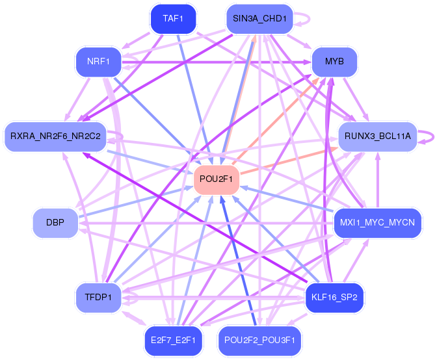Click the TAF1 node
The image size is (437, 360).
click(x=173, y=19)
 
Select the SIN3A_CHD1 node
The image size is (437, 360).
click(x=259, y=19)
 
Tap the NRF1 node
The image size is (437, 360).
click(x=98, y=62)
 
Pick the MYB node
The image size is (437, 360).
click(x=334, y=62)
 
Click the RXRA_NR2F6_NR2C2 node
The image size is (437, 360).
click(x=55, y=136)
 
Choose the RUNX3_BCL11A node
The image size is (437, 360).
click(x=378, y=136)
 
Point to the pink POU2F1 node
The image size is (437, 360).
click(x=217, y=179)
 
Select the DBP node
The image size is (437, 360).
click(x=55, y=223)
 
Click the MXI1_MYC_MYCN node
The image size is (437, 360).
click(x=378, y=223)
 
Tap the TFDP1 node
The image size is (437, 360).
click(x=98, y=298)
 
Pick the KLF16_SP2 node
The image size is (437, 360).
click(x=334, y=298)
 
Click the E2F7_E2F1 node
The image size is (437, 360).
click(x=173, y=341)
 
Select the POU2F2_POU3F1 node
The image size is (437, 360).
click(x=259, y=341)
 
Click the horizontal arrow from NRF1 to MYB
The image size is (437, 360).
click(x=217, y=62)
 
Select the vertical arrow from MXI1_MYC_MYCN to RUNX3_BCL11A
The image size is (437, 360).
click(x=378, y=181)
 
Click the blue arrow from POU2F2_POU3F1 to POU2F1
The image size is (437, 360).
click(x=238, y=261)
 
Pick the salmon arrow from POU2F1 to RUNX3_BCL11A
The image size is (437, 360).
click(x=289, y=161)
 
